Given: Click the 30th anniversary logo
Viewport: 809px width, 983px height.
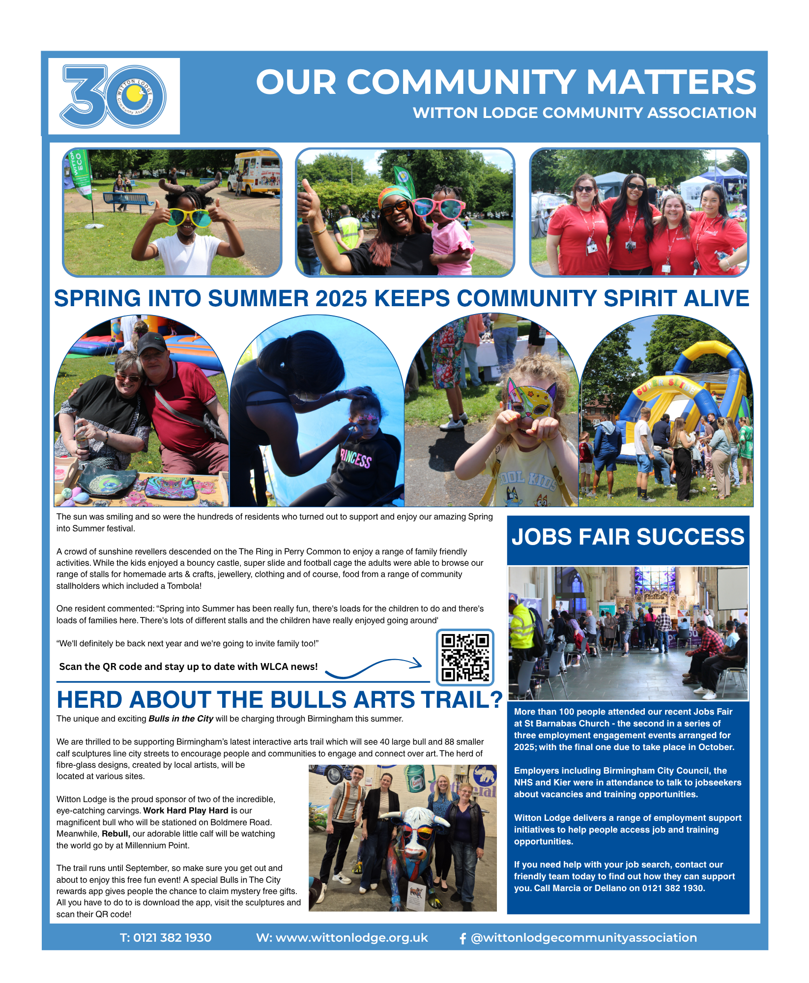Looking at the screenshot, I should (x=114, y=96).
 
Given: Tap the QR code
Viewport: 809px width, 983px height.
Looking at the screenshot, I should (x=465, y=657).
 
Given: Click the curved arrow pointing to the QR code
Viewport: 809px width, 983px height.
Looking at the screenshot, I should (x=374, y=668).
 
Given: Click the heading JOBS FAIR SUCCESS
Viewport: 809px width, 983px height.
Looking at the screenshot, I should (x=628, y=537).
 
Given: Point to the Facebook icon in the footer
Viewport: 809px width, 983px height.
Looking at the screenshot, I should (x=462, y=938).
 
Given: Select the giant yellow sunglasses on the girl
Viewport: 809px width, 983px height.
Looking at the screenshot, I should (x=189, y=217).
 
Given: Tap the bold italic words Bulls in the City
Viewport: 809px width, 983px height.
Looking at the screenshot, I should (x=181, y=719).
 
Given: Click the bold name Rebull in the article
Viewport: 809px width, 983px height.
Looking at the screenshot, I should (x=116, y=834).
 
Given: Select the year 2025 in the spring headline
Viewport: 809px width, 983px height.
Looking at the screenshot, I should (x=341, y=299).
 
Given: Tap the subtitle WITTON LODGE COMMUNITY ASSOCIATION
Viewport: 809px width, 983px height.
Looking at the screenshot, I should (x=584, y=113).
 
